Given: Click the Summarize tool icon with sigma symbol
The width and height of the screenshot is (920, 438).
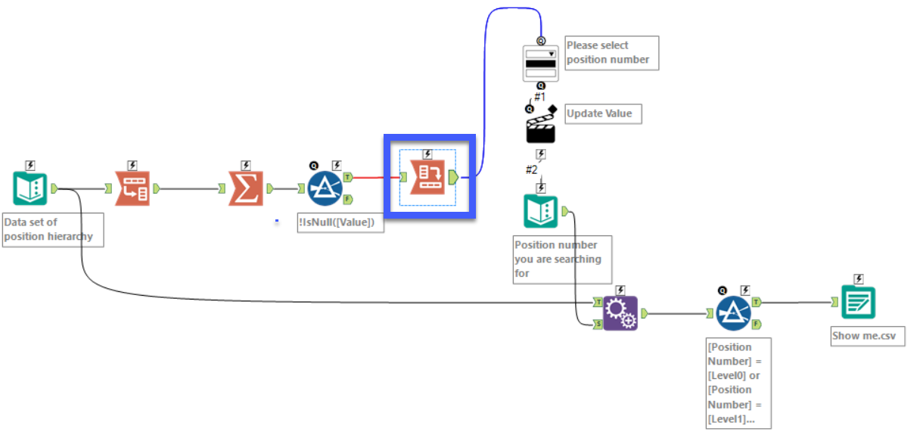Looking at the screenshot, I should click(246, 189).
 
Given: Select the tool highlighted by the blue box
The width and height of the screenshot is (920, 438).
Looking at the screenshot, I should click(427, 179).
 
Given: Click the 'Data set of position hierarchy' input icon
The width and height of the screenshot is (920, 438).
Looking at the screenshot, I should click(30, 189).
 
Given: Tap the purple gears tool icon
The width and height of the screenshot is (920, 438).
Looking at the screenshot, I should click(620, 312).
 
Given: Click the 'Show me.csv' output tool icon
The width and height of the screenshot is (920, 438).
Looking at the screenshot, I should click(859, 303).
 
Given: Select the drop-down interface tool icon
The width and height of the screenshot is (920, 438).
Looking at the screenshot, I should click(541, 64).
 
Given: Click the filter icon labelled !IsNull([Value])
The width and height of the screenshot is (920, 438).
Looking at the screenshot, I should click(325, 189).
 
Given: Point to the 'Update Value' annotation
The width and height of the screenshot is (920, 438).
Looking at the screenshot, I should click(603, 113).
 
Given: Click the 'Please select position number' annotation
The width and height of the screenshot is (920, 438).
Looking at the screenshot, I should click(611, 53).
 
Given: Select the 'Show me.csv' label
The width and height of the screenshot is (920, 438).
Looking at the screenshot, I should click(867, 337).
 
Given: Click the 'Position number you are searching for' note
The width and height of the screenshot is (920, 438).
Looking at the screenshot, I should click(561, 259).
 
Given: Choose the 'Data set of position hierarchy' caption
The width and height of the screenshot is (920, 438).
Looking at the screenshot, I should click(51, 230).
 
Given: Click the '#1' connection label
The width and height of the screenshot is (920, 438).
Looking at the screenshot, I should click(540, 97).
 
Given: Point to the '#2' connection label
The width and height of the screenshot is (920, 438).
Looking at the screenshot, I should click(533, 169).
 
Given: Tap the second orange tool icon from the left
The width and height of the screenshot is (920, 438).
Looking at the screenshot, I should click(132, 189).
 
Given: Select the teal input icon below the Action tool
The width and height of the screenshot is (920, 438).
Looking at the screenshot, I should click(541, 211).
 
